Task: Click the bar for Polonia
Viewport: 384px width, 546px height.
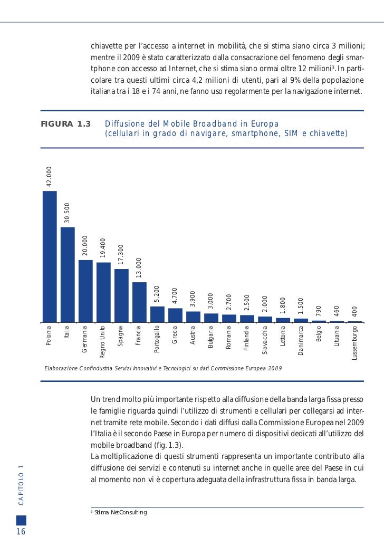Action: click(50, 256)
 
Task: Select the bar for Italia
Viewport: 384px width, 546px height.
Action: click(68, 274)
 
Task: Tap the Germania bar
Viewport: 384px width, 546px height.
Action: click(85, 291)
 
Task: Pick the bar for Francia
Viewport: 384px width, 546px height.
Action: click(139, 302)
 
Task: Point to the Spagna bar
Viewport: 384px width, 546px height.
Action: click(121, 295)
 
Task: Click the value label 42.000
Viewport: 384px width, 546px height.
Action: click(50, 177)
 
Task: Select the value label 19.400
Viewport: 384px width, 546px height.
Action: click(103, 248)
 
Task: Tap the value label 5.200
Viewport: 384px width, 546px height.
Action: click(157, 294)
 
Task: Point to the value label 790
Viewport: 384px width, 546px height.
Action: click(319, 311)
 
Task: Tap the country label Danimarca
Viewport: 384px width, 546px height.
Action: click(301, 340)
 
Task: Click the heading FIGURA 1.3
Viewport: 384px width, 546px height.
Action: click(66, 124)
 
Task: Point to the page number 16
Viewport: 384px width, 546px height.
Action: click(21, 531)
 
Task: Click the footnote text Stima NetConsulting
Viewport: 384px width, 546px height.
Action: click(120, 512)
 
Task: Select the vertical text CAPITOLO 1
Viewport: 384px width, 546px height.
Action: click(21, 486)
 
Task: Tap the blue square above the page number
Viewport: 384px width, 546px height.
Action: click(21, 520)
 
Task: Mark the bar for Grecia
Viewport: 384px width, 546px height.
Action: click(175, 315)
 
